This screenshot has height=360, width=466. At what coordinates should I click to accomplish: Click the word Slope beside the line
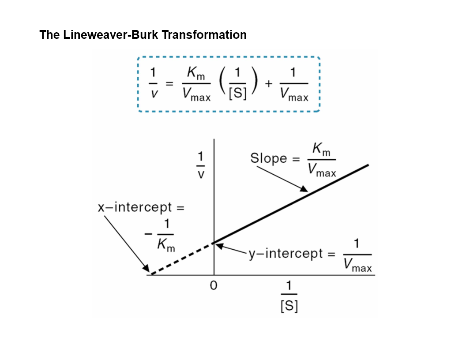(x=268, y=158)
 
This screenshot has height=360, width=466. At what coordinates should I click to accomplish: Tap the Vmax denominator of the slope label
(x=322, y=171)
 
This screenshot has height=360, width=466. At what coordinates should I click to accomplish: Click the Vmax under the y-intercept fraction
(x=357, y=266)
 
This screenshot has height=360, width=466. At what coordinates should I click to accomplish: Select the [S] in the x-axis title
(x=289, y=306)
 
